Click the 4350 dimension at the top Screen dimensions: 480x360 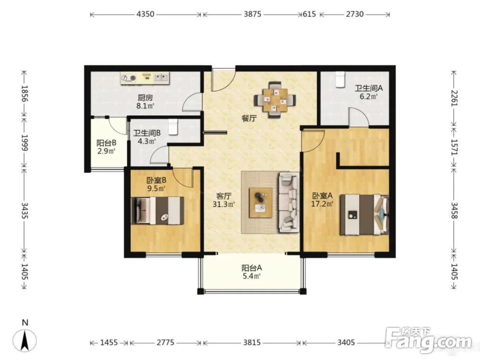coord(145,14)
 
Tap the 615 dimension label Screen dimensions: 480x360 coord(309,14)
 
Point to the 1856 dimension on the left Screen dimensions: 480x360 coord(24,94)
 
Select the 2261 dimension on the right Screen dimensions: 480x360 coord(454,98)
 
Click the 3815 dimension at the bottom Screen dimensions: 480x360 coord(252,342)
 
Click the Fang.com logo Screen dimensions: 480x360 coord(428,339)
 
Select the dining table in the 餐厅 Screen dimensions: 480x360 coord(275,100)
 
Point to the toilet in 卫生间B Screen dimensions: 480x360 coord(173,127)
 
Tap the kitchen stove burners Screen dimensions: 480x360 coord(129,78)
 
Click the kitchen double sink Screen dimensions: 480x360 coord(161,77)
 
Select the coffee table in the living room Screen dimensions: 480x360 coord(261,203)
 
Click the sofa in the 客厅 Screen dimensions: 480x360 coord(288,202)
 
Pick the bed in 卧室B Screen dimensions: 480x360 coord(157,211)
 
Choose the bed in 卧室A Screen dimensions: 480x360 coord(364,215)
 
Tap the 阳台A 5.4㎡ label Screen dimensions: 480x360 coord(252,272)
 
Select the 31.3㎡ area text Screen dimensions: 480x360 coord(224,204)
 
